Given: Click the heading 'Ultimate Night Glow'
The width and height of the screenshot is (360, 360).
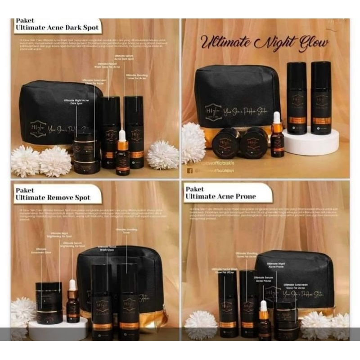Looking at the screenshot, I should click(264, 44).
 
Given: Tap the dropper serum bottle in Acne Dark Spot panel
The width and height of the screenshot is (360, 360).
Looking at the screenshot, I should click(122, 154).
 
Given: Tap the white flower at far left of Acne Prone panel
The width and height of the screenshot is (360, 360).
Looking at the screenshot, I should click(201, 325).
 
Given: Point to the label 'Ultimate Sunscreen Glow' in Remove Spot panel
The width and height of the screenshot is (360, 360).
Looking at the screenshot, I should click(41, 250).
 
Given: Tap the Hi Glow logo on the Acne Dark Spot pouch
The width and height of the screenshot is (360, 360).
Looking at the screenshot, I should click(38, 127).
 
